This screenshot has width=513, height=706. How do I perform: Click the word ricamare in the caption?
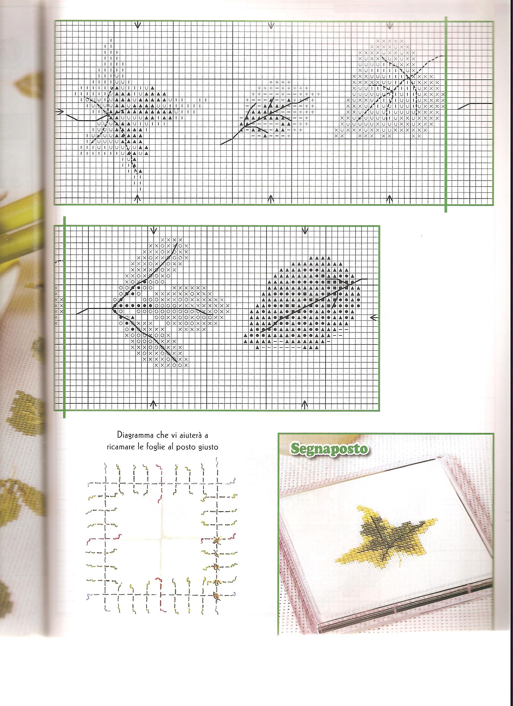[116, 447]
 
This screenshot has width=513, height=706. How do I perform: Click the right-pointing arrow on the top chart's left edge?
[61, 111]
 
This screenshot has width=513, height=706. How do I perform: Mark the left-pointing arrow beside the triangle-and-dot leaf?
[374, 317]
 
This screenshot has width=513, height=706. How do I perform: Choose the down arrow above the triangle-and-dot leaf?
[305, 231]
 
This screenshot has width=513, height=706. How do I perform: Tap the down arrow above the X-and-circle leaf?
[153, 231]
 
